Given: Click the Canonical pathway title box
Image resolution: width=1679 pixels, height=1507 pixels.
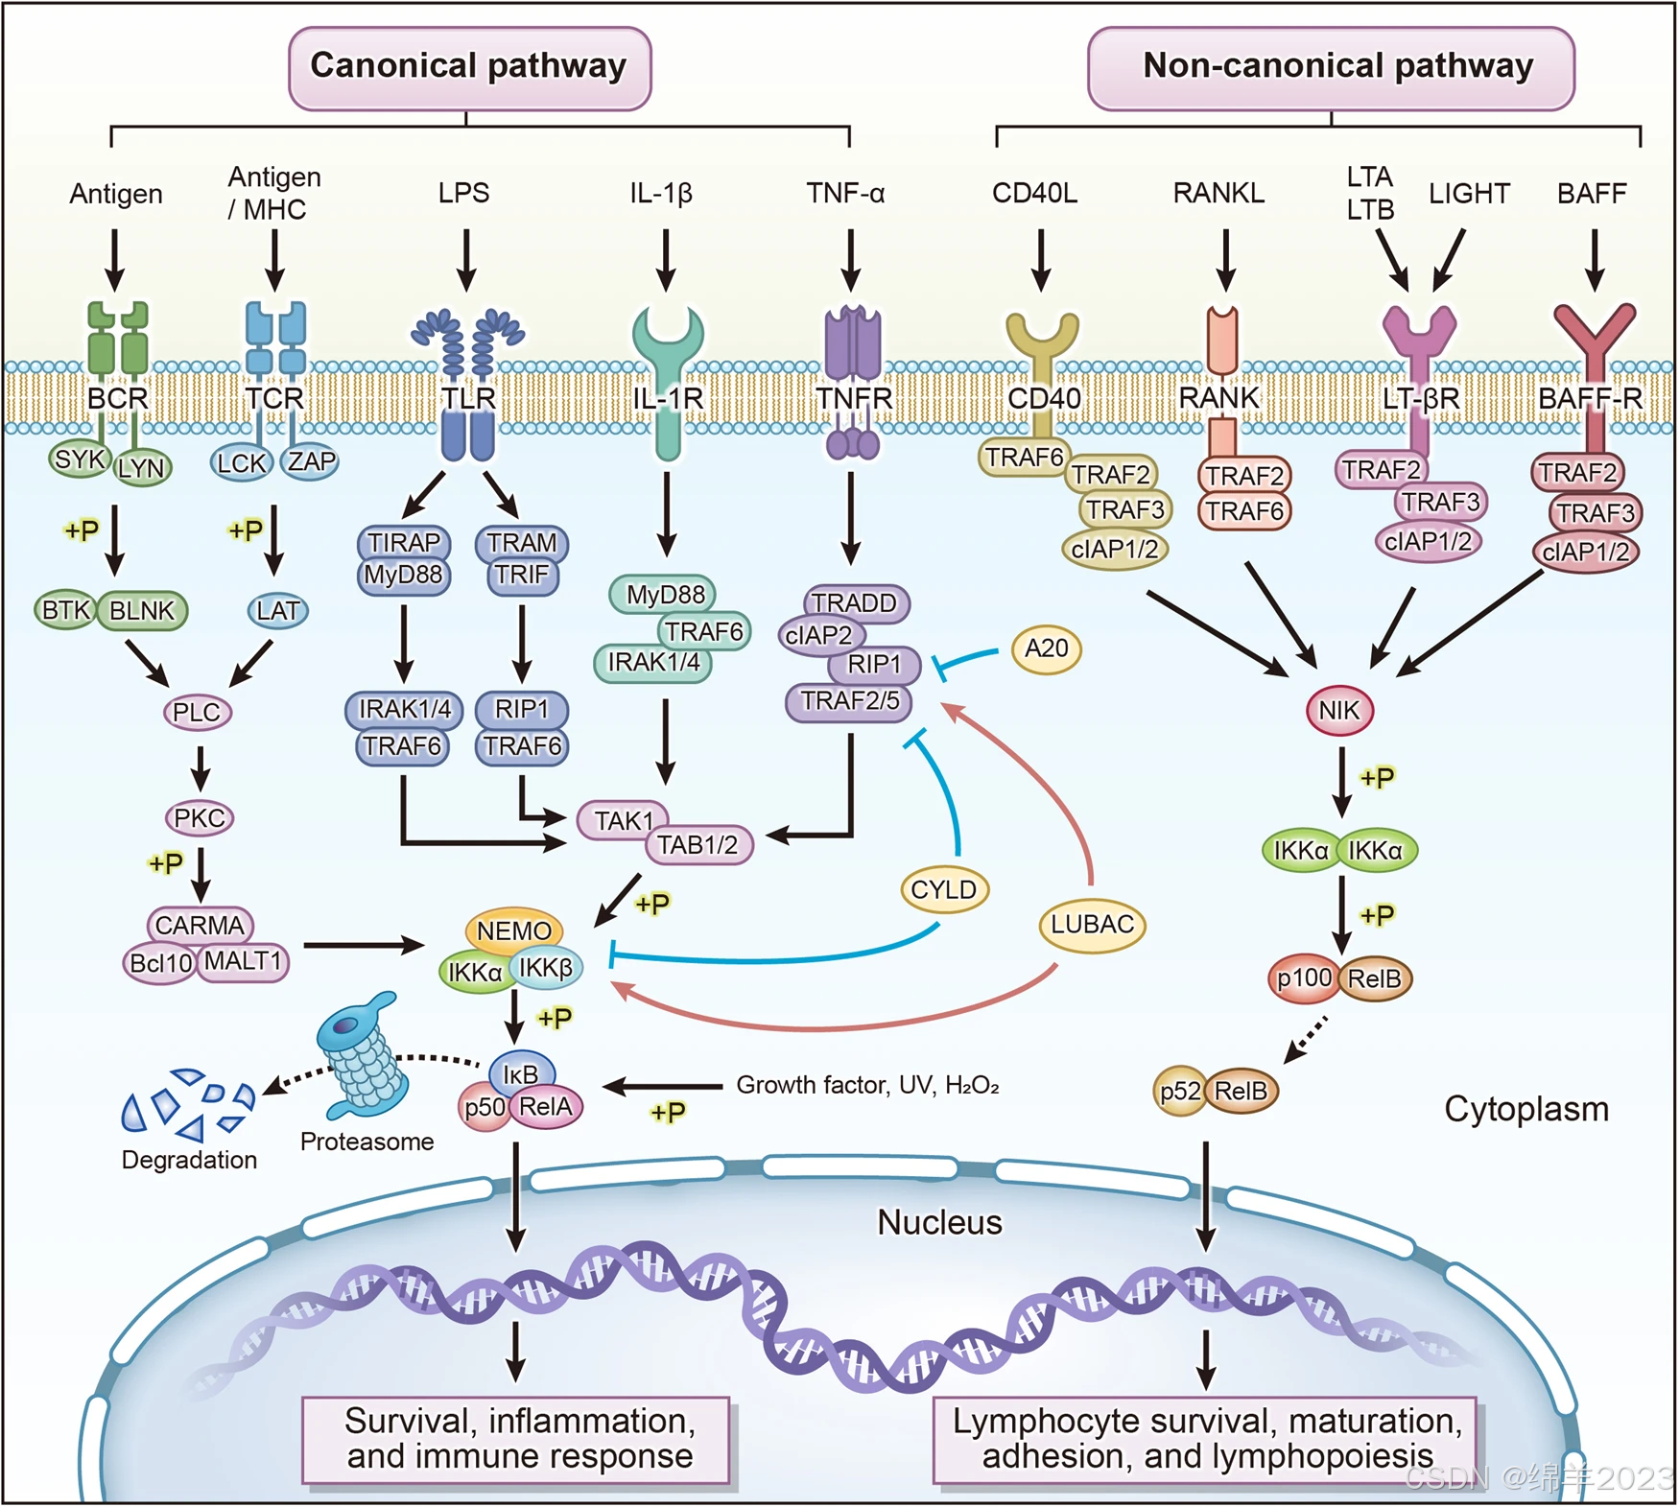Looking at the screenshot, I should (x=469, y=67).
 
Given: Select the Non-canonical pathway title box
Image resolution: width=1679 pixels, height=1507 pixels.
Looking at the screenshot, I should (x=1331, y=67).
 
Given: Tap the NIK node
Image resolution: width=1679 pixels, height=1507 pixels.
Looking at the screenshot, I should (x=1339, y=711).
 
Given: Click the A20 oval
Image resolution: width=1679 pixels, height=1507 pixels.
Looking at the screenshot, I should (x=1046, y=649).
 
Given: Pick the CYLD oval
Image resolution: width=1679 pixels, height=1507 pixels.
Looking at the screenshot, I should (x=944, y=890).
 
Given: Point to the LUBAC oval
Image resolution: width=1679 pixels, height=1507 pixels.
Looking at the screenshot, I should (x=1092, y=925).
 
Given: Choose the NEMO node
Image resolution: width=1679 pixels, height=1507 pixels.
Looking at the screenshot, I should (x=514, y=930).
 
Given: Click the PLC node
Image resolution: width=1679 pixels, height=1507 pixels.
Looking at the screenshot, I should (x=197, y=713).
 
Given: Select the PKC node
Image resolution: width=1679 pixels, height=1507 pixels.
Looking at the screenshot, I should (x=200, y=818).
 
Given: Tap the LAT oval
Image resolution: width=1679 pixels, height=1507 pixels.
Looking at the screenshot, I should (x=277, y=610).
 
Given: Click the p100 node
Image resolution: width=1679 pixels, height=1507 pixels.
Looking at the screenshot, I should (x=1304, y=978).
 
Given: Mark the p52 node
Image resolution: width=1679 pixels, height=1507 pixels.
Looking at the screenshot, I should (x=1179, y=1092).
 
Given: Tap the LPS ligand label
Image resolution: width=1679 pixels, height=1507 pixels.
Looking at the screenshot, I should (x=463, y=194).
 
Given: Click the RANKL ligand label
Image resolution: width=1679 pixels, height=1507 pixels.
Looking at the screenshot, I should (x=1218, y=194).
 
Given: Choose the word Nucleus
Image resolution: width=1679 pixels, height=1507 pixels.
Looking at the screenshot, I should (x=939, y=1223).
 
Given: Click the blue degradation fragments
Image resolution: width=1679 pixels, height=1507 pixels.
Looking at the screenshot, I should (x=188, y=1103).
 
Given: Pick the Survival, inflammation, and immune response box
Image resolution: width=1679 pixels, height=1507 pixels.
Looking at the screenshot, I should (x=516, y=1439).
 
